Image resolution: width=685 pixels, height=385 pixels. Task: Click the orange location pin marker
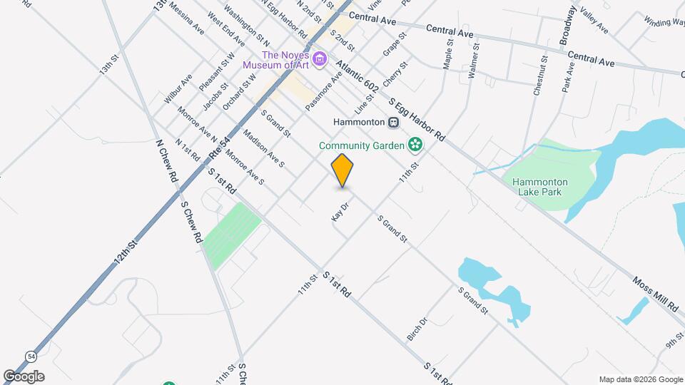342,171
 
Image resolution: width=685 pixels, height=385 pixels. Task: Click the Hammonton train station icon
393,123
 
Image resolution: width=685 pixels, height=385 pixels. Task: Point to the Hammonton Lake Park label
537,187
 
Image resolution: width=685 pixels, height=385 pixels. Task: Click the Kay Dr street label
339,212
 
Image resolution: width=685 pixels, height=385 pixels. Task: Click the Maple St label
448,54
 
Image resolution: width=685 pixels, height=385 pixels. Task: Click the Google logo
24,376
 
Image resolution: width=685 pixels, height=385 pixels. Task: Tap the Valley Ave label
594,21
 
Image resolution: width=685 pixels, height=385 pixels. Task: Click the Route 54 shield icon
31,356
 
